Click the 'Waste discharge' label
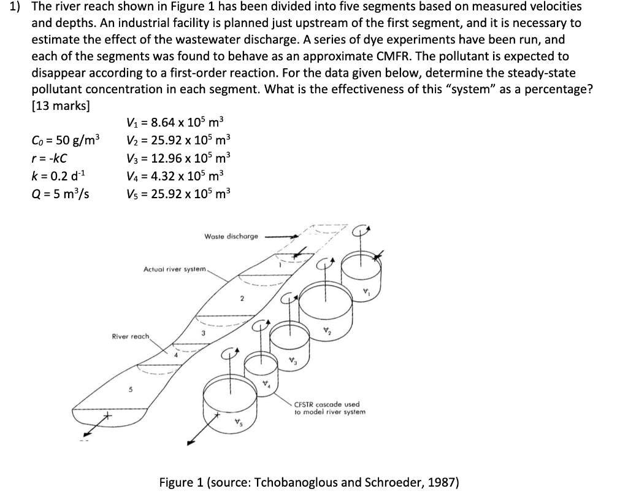[x=231, y=236]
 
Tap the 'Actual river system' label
[x=176, y=269]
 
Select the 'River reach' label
[x=130, y=336]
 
